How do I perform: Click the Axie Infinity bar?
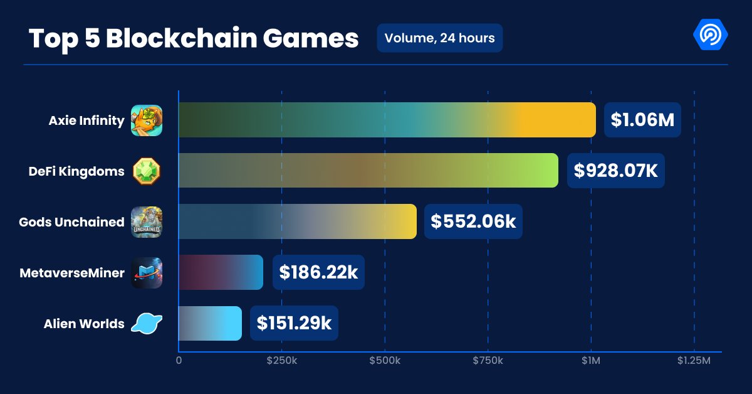[x=387, y=120]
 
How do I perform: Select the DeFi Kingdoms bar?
[x=368, y=171]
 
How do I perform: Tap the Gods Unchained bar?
[x=298, y=221]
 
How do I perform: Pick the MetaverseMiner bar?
[x=221, y=272]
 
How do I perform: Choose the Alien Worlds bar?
[x=210, y=323]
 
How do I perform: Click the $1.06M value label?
[x=642, y=120]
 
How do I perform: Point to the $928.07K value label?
[x=615, y=171]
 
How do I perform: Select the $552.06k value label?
[x=473, y=221]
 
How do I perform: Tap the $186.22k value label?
[x=318, y=272]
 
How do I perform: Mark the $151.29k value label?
[x=294, y=323]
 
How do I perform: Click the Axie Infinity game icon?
[x=147, y=120]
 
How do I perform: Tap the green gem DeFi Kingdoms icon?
[x=147, y=171]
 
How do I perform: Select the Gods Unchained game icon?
[x=147, y=222]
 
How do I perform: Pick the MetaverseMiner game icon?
[x=147, y=273]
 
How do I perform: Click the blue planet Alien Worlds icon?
[x=147, y=324]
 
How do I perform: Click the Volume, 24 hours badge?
[x=439, y=38]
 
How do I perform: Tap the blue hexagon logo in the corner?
[x=710, y=35]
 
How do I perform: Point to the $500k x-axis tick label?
[x=384, y=361]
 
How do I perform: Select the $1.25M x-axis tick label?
[x=694, y=361]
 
